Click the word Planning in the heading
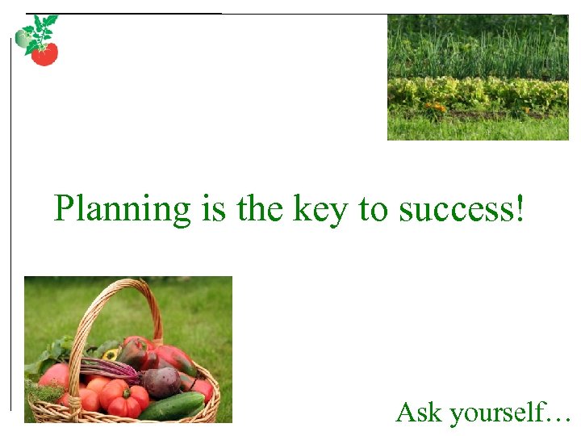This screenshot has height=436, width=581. (121, 209)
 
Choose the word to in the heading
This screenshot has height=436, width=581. (374, 209)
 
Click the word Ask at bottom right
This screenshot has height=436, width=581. (420, 413)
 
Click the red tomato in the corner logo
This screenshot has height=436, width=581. (44, 54)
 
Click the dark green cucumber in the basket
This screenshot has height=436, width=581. (172, 406)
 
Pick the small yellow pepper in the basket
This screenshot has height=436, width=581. (110, 354)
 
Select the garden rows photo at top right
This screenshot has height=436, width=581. (478, 78)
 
